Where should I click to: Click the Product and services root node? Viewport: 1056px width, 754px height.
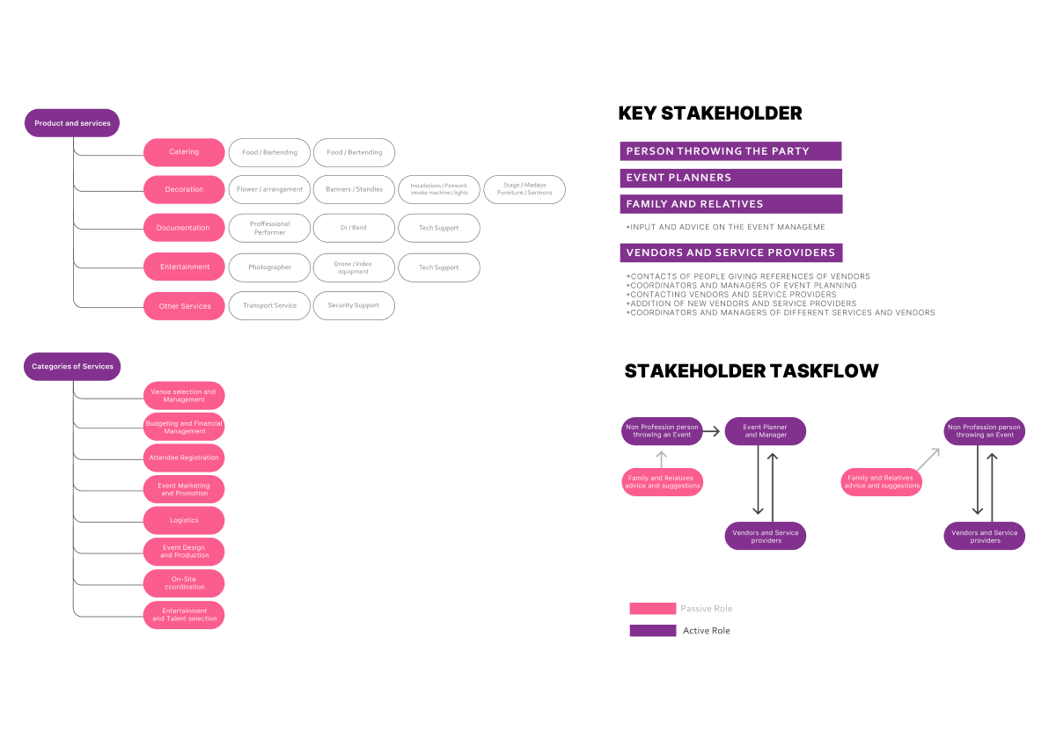72,123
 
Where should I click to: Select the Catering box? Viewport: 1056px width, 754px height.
184,152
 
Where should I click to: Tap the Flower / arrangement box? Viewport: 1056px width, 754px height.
269,189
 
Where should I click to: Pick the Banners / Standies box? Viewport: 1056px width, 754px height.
354,189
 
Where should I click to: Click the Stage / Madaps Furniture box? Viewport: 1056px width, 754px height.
524,189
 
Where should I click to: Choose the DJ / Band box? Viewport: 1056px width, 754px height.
354,228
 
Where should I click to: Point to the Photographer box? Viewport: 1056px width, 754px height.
269,267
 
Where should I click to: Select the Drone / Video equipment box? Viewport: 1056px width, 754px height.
354,267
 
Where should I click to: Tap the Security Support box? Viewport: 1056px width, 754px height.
354,305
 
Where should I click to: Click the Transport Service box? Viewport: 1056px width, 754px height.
269,305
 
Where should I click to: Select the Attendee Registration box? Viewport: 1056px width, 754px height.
184,458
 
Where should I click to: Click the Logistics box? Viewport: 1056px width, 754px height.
184,520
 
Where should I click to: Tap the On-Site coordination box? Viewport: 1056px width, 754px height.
184,583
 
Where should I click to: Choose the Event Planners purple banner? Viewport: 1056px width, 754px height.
730,178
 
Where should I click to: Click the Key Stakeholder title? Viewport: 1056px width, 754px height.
710,113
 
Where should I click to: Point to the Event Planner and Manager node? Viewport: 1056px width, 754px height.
766,431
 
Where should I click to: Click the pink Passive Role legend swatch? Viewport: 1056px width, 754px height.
652,609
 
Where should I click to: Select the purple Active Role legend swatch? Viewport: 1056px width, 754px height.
652,631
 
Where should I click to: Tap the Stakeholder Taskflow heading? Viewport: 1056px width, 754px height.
752,371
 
